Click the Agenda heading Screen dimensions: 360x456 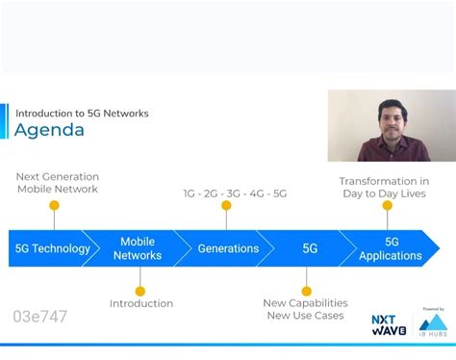click(x=49, y=130)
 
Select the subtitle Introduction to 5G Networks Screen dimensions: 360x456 click(x=82, y=113)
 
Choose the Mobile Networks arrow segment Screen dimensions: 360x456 click(x=138, y=248)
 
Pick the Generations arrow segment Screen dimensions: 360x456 click(x=228, y=248)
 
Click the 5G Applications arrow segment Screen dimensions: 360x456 click(x=391, y=248)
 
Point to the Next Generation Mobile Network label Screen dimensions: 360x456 click(x=58, y=183)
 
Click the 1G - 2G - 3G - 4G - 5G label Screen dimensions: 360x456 click(x=235, y=193)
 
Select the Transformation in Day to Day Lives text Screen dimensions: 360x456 click(x=385, y=187)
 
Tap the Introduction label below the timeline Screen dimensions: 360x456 click(x=141, y=303)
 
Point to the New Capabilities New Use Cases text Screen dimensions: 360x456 click(x=305, y=309)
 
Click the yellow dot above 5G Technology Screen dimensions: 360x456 click(x=54, y=205)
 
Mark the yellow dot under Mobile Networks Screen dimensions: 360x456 click(x=140, y=291)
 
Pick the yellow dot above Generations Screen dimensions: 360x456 click(x=226, y=205)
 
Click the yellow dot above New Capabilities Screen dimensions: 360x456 click(x=306, y=291)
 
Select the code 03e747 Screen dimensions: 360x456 click(x=40, y=317)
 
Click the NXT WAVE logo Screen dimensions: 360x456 click(x=389, y=324)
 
